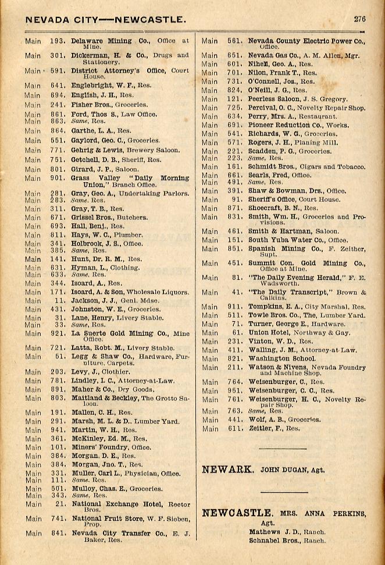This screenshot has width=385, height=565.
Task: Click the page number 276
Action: coord(359,19)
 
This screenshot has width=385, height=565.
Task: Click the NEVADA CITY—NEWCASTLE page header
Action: coord(105,20)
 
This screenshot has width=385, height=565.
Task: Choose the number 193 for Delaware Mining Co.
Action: coord(57,41)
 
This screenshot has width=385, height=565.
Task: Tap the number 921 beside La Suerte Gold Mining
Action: coord(57,333)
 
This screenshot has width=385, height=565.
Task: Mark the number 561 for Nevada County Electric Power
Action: coord(234,41)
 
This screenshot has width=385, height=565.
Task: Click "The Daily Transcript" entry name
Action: coord(283,292)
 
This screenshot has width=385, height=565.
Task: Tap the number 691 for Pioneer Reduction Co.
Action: coord(234,125)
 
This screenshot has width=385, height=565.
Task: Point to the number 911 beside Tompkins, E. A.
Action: coord(234,307)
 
